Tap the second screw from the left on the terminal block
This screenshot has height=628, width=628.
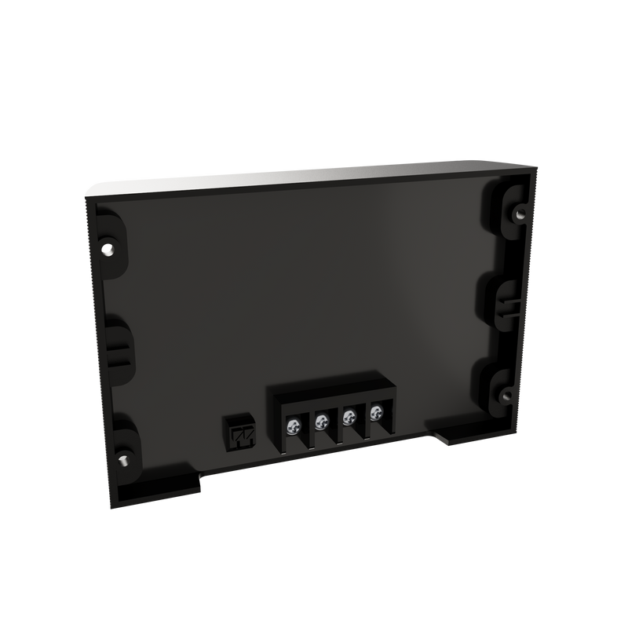321,423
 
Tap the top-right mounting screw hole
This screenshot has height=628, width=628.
519,212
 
